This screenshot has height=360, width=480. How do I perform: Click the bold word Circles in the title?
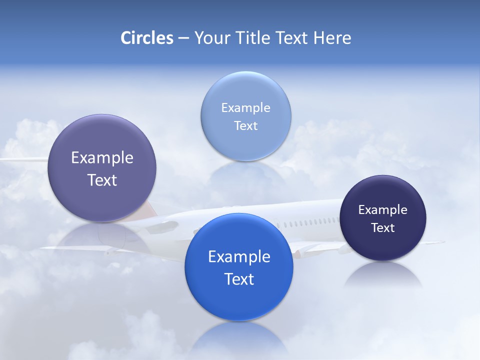coord(147,38)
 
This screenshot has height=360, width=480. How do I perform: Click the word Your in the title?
coord(209,38)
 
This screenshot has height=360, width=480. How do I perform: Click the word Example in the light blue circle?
coord(245,108)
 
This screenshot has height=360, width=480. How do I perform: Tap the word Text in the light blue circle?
coord(245,125)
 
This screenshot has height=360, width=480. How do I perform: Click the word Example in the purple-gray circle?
coord(102,158)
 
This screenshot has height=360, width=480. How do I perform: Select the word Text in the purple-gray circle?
coord(102,180)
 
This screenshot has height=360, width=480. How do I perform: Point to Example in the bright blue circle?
coord(239,257)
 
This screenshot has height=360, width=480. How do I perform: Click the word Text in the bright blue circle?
coord(239,279)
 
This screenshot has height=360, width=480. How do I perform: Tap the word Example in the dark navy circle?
coord(383,210)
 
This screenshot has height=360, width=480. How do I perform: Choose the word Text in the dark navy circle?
coord(383,228)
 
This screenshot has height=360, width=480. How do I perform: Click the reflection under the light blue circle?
coord(246,172)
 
